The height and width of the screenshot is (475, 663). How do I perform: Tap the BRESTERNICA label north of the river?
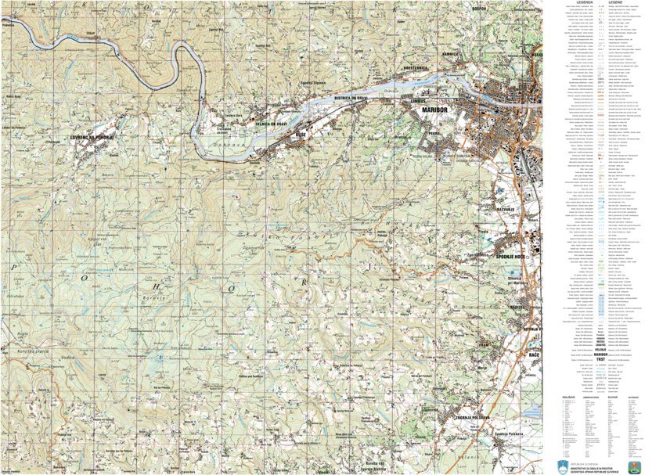point(414,69)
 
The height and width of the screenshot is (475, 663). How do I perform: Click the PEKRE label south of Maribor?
point(431,134)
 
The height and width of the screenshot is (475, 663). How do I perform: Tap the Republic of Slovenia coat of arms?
point(560,466)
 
